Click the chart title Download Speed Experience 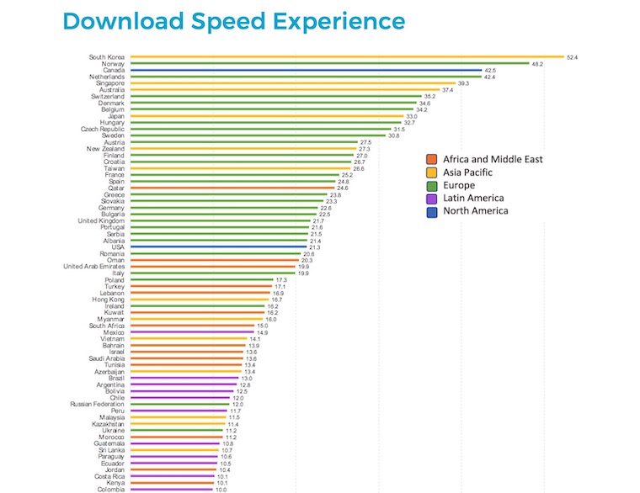(234, 21)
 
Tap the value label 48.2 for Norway (536, 64)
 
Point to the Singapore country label (110, 83)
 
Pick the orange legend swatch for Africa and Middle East (431, 159)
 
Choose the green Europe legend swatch (431, 185)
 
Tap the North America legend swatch (431, 211)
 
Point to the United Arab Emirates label (94, 266)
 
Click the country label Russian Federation (97, 404)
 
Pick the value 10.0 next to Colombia (221, 490)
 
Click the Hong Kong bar (198, 300)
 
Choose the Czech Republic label (101, 129)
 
